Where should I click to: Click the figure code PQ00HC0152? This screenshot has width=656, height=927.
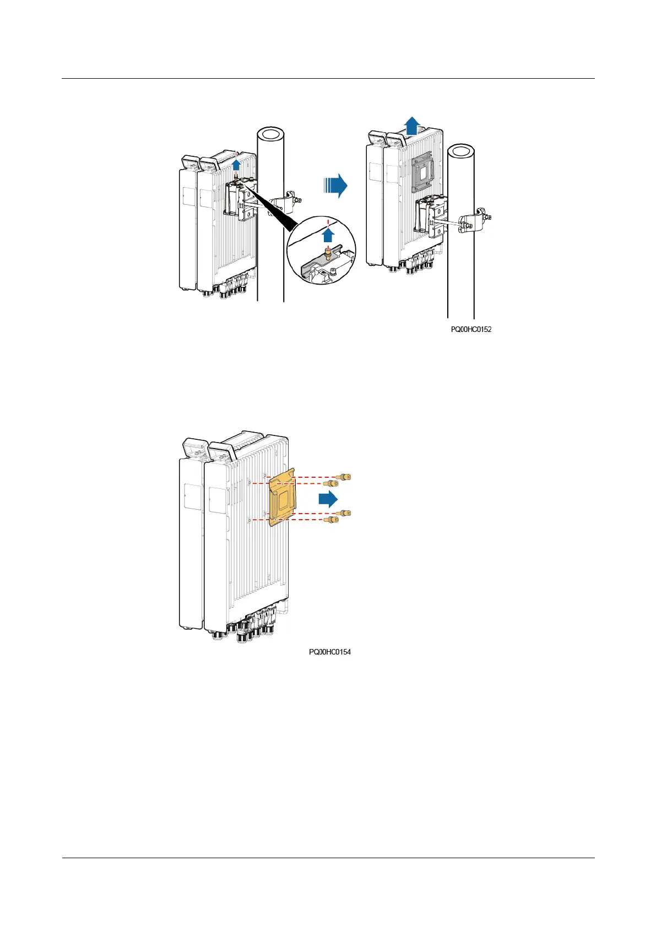click(471, 330)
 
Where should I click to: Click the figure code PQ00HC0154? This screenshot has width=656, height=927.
click(330, 652)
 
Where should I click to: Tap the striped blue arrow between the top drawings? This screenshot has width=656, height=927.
click(335, 186)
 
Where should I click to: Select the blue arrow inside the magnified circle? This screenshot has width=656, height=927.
click(328, 236)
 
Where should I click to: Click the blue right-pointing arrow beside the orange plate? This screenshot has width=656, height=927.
click(328, 499)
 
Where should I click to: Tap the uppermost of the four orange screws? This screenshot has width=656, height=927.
click(344, 477)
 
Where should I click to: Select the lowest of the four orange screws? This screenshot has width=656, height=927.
click(331, 520)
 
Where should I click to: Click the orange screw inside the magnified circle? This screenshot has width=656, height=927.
click(329, 254)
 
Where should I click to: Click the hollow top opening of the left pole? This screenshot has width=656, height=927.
click(271, 134)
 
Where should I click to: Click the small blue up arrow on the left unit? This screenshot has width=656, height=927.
click(236, 164)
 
